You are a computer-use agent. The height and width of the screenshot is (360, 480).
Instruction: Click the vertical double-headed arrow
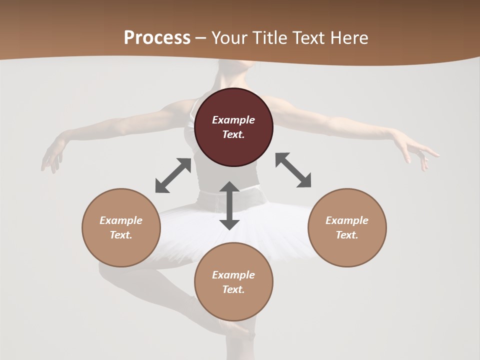[229, 205]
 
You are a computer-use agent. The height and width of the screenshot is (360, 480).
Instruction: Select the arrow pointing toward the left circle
[173, 175]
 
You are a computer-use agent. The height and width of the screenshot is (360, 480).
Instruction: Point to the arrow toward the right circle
[293, 170]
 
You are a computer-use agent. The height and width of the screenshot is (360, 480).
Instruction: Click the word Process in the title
[157, 37]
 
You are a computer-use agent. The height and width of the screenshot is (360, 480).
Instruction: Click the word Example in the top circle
[233, 120]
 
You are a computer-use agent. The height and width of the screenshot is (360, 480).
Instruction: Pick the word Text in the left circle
[121, 235]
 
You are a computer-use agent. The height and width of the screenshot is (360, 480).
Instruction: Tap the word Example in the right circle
[347, 220]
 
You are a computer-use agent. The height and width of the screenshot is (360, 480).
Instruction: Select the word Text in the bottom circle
[233, 289]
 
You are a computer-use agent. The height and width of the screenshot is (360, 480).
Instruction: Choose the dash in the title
[201, 38]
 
